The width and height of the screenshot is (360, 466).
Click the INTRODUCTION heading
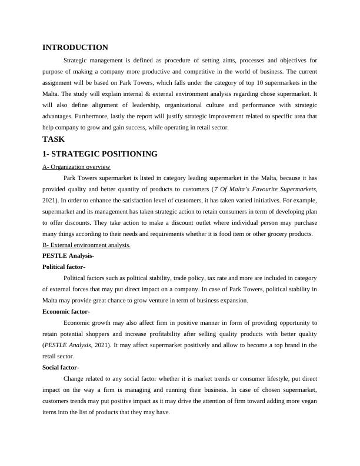75,48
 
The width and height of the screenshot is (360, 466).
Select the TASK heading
54,139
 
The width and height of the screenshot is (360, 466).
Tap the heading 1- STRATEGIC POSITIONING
100,154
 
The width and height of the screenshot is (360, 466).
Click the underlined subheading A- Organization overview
76,167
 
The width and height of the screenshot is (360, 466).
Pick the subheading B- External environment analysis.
86,245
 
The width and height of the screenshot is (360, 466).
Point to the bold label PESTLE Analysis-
68,256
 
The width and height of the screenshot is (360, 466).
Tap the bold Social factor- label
61,367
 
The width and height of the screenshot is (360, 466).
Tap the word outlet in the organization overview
172,223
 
